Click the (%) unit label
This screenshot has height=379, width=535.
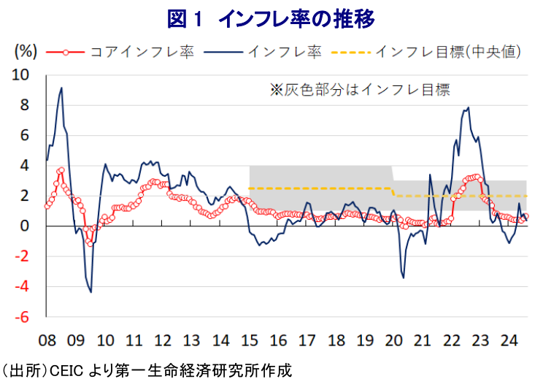pyautogui.click(x=26, y=52)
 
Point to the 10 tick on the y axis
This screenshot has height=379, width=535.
pyautogui.click(x=23, y=75)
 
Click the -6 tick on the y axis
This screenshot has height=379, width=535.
pyautogui.click(x=24, y=317)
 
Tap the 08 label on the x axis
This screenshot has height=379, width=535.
pyautogui.click(x=47, y=340)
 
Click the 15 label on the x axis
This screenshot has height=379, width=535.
pyautogui.click(x=249, y=340)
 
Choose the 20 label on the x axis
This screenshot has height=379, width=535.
pyautogui.click(x=393, y=340)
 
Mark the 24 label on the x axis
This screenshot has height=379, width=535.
pyautogui.click(x=509, y=340)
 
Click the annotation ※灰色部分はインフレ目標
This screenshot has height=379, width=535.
pyautogui.click(x=360, y=90)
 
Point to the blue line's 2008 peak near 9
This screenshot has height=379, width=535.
pyautogui.click(x=61, y=88)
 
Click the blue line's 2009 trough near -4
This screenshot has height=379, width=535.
pyautogui.click(x=91, y=291)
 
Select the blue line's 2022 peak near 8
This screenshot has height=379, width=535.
pyautogui.click(x=468, y=108)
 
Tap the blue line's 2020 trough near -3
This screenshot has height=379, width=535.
pyautogui.click(x=403, y=277)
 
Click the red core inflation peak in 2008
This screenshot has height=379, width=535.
pyautogui.click(x=61, y=170)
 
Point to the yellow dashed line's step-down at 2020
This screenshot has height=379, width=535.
pyautogui.click(x=393, y=192)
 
